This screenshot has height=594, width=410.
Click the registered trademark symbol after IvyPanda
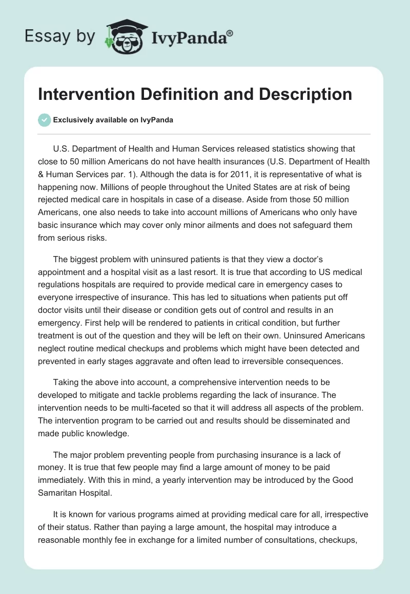(230, 33)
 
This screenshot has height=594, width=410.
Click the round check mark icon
(45, 120)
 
